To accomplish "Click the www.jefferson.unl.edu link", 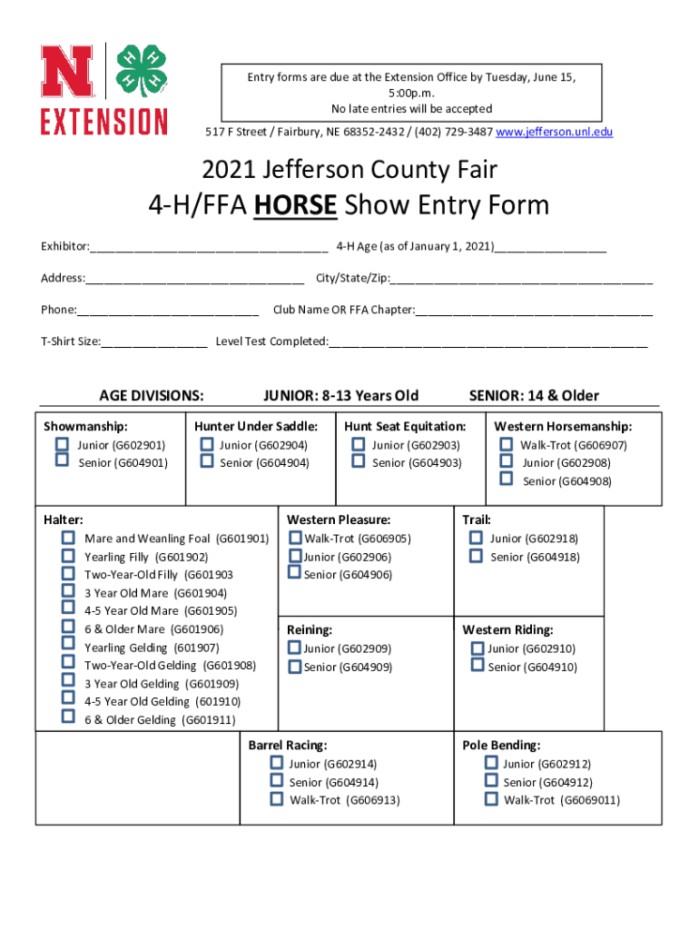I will (555, 133).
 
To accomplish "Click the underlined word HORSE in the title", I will (295, 205).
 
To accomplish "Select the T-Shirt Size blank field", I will (154, 341).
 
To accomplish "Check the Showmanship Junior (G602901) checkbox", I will (63, 444).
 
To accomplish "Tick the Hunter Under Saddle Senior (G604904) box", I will (207, 461).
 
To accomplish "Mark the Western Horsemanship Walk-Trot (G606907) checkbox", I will (506, 444).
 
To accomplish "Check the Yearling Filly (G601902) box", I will (68, 556).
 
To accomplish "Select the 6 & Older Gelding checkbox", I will (68, 717).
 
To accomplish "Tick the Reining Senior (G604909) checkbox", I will (294, 667).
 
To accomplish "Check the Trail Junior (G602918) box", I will (476, 538).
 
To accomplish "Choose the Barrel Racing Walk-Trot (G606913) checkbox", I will (276, 799).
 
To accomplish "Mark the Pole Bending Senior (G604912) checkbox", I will (491, 781).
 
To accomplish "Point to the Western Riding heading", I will (507, 629).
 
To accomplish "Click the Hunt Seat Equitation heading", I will (405, 426).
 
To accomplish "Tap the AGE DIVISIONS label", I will (151, 395).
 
